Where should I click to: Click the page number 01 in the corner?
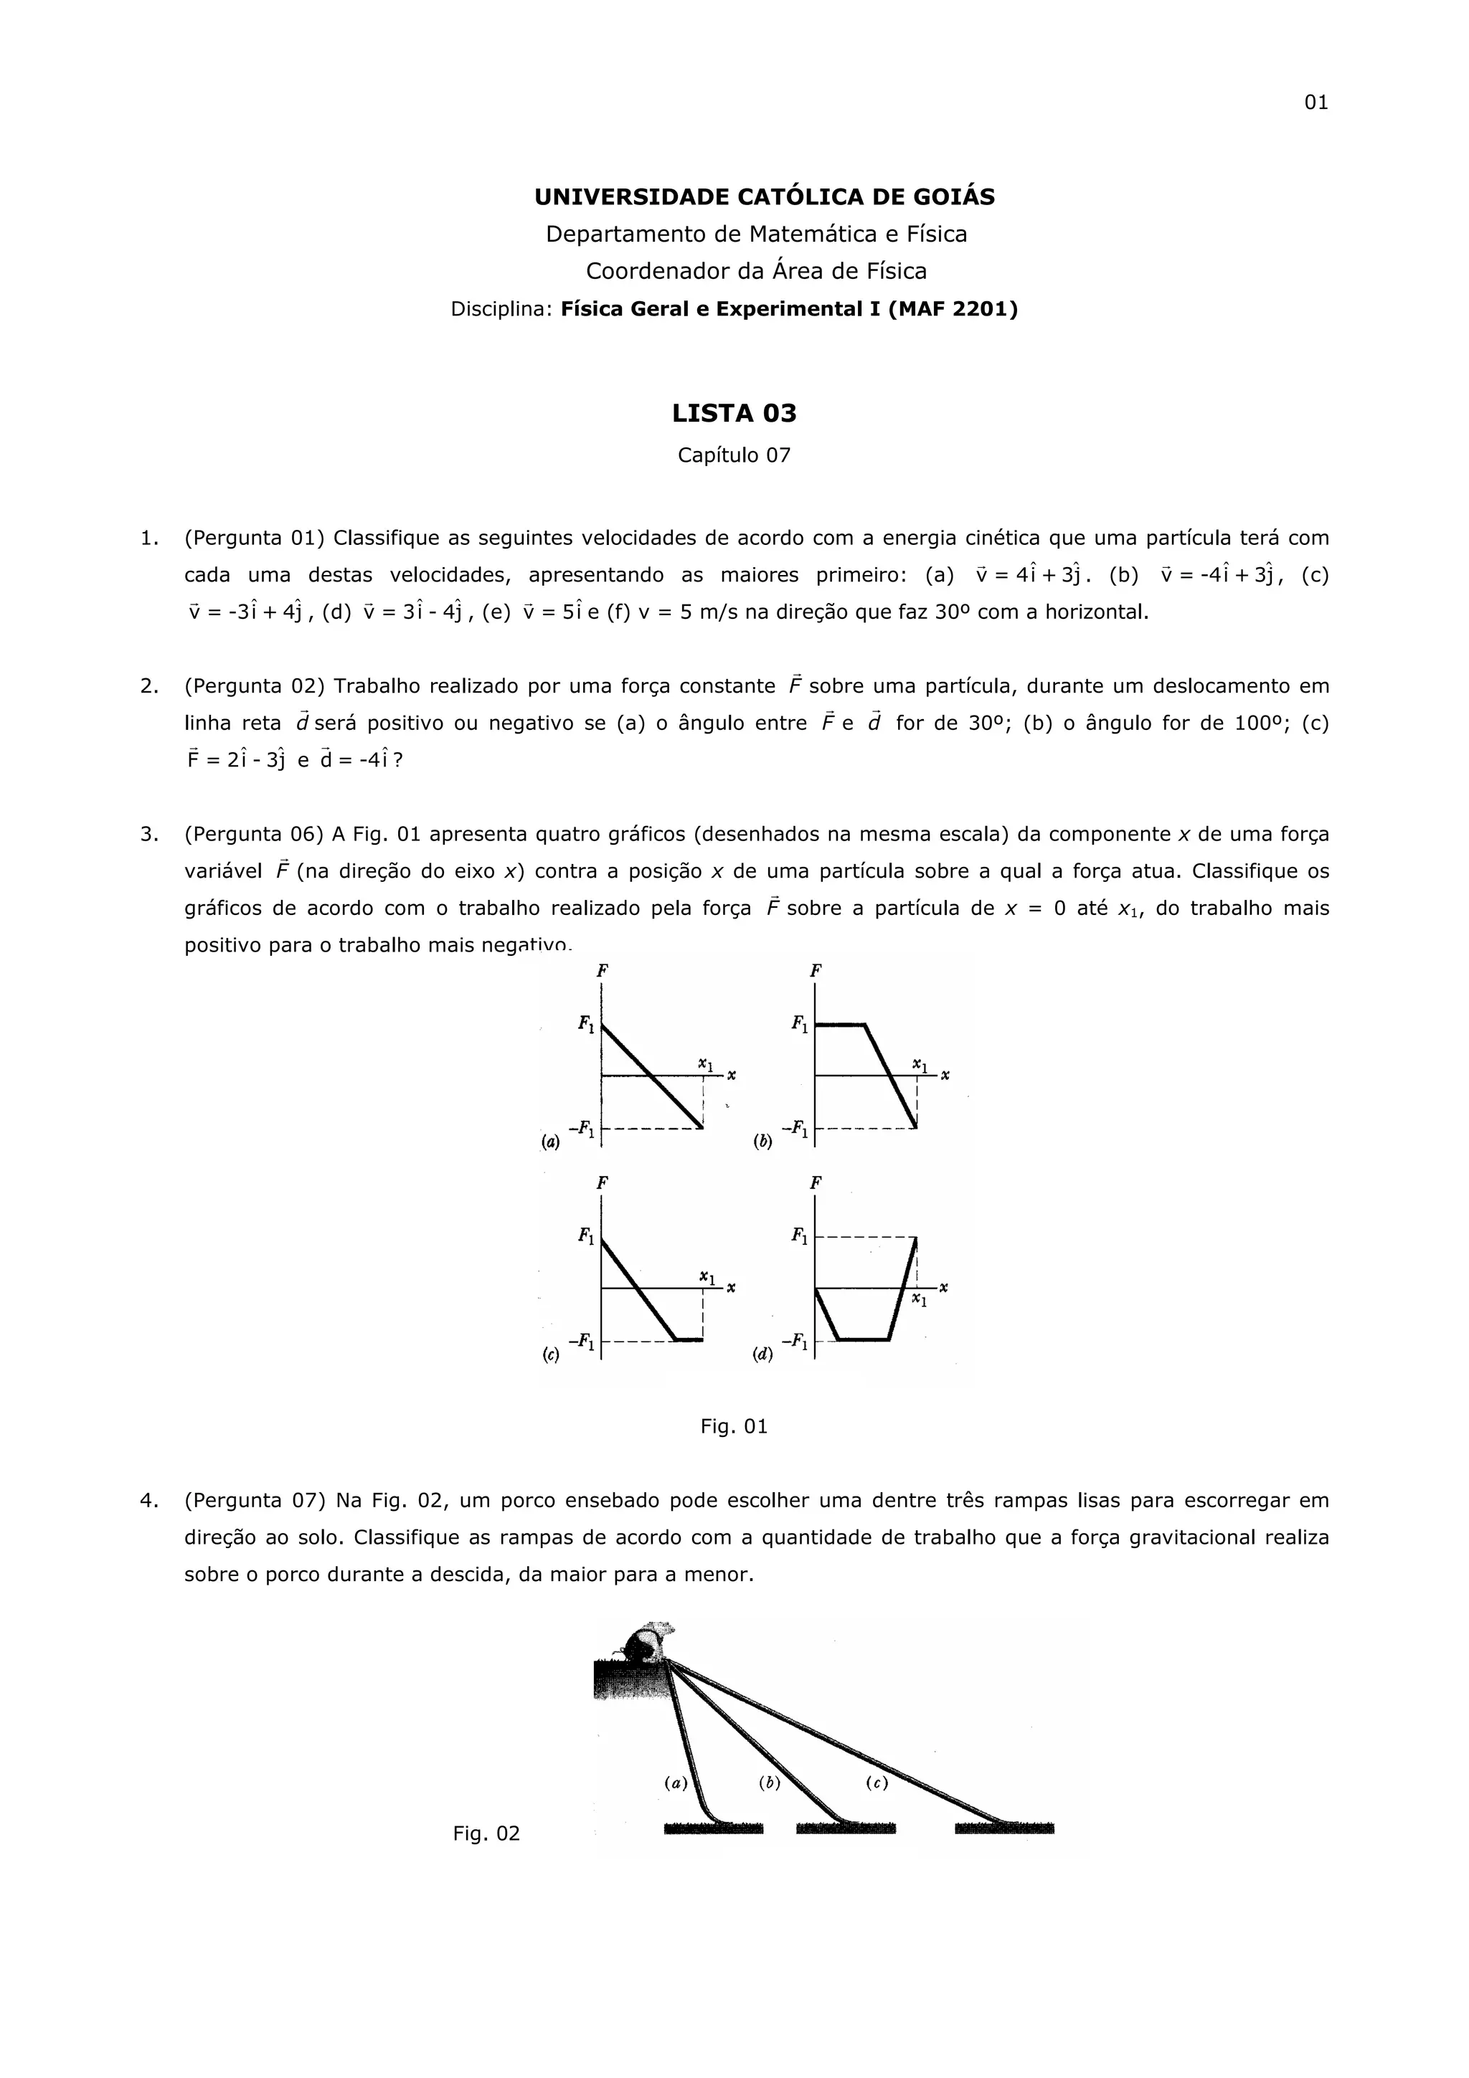1315,103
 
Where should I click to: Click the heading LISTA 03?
734,414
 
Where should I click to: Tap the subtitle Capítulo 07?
734,455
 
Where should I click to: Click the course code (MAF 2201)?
954,310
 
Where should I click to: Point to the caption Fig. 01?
734,1427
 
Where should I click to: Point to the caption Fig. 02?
487,1834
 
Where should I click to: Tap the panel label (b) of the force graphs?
763,1142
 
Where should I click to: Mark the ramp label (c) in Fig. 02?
876,1784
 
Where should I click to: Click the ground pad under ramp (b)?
846,1828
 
